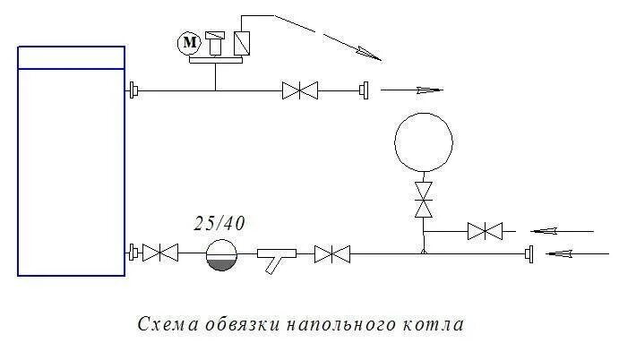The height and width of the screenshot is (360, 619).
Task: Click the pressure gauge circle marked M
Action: coord(188,43)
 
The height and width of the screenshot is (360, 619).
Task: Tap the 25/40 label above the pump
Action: coord(219,224)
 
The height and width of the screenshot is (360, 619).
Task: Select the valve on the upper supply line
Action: coord(300,90)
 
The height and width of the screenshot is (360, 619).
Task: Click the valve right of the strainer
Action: coord(332,254)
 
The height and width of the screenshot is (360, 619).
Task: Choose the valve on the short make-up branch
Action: coord(485,231)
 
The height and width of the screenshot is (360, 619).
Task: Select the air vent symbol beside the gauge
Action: coord(215,43)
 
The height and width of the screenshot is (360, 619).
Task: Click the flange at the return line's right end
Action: coord(530,254)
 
